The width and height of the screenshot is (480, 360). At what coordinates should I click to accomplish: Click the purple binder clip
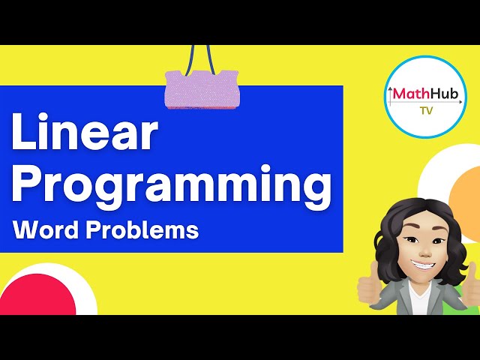201,88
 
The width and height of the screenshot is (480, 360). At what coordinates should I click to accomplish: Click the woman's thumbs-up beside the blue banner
367,287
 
